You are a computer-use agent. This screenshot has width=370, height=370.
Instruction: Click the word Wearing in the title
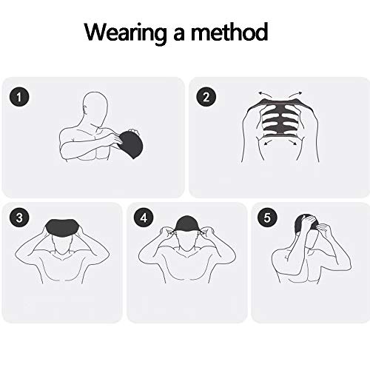pos(125,33)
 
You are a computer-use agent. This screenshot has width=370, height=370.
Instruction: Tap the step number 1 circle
pos(22,97)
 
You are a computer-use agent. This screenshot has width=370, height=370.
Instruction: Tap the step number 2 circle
pos(206,97)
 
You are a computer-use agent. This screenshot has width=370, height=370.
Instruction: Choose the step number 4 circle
pos(143,218)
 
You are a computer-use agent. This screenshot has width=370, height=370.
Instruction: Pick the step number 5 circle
pos(266,218)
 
